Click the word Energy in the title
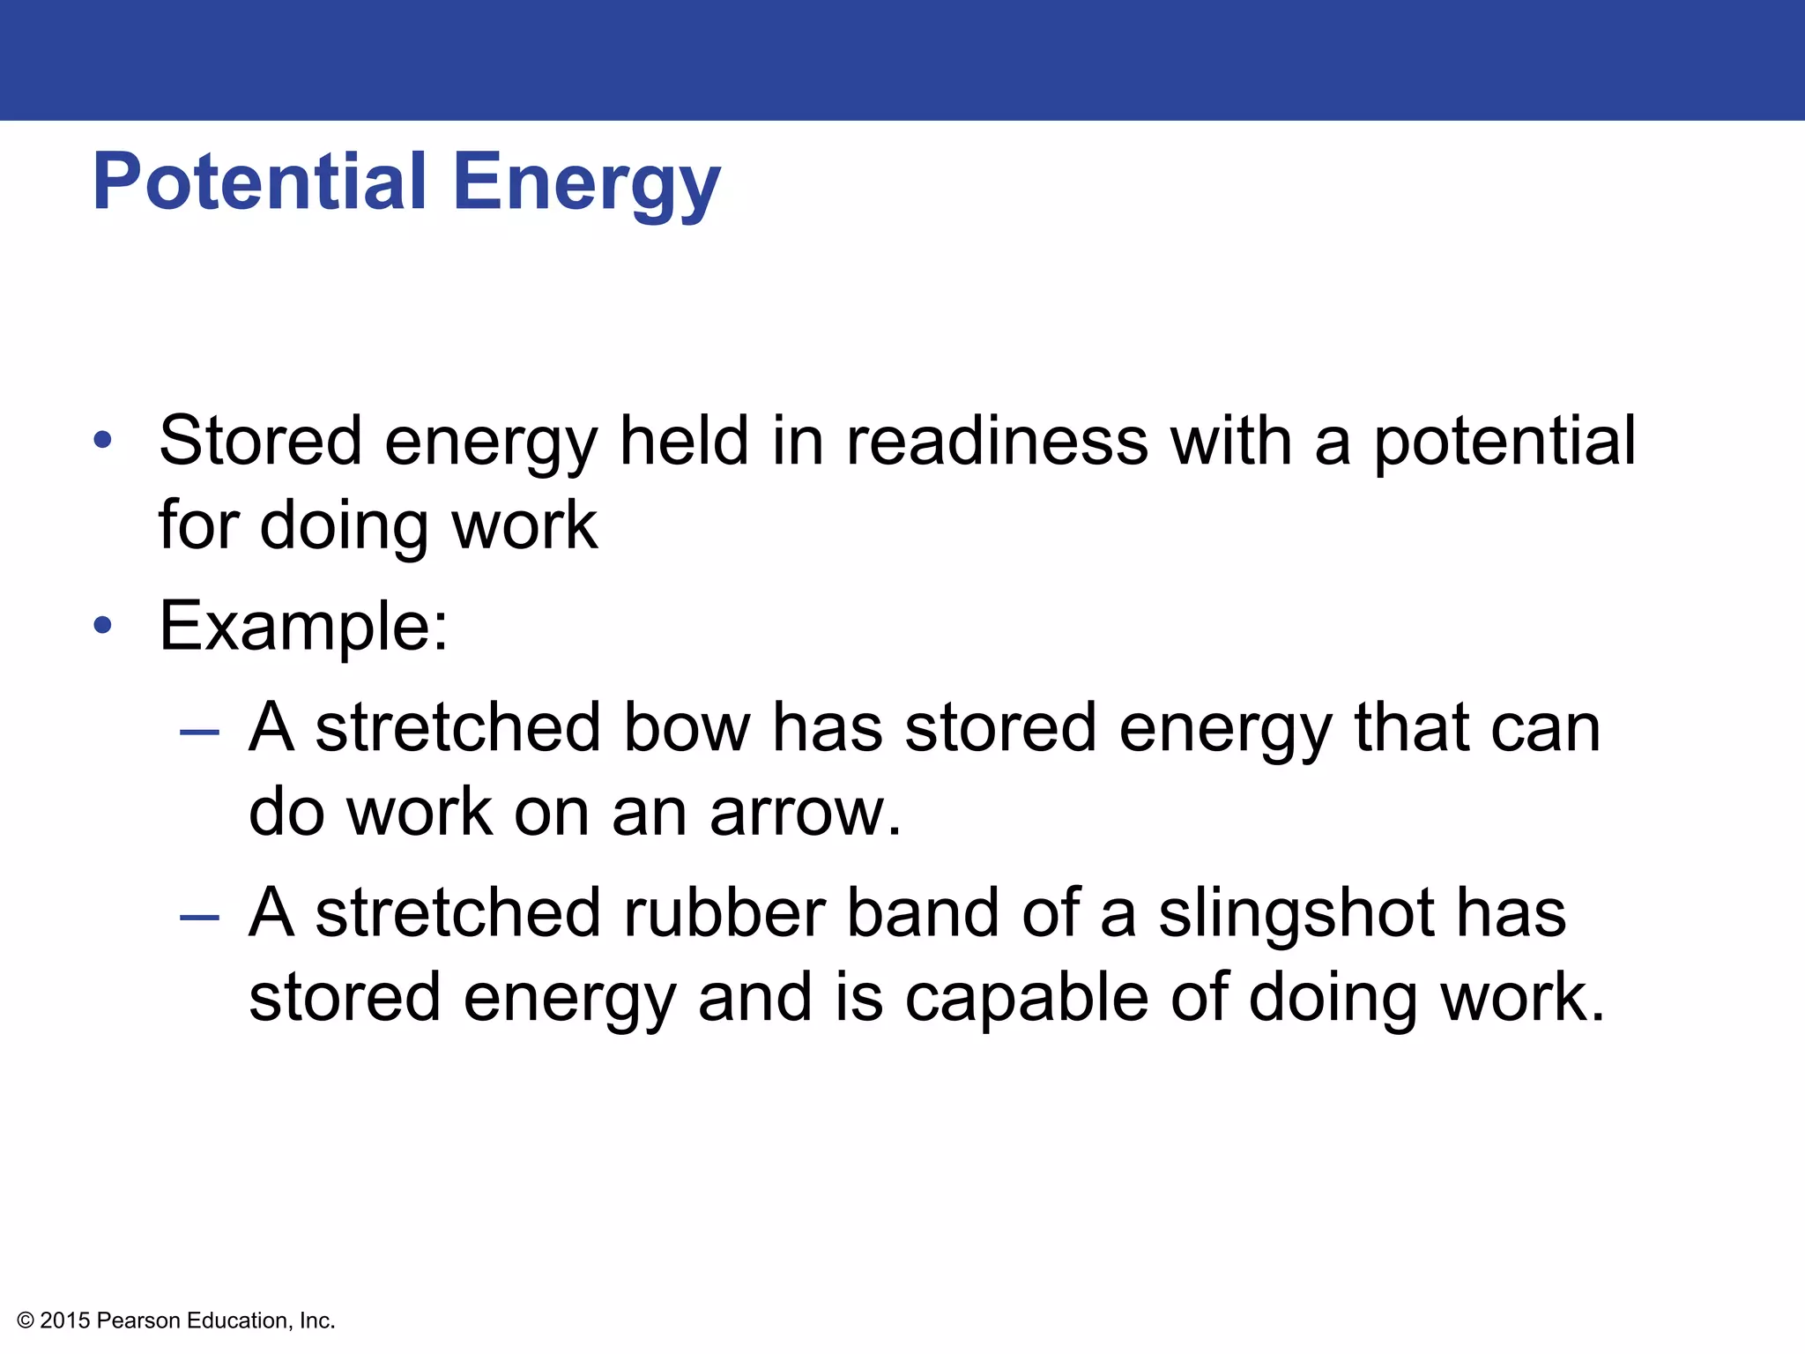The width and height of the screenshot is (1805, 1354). pos(587,182)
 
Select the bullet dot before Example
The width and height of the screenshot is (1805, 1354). pos(103,625)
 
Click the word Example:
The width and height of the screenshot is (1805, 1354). pos(304,626)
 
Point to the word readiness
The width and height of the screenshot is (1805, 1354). pos(997,441)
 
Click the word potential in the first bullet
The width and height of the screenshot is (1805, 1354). pos(1504,441)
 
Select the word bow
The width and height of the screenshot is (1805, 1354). pos(687,728)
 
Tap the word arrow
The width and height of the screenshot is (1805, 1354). pos(805,812)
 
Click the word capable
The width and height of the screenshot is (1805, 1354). pos(1027,998)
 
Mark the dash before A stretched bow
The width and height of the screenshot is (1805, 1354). pos(199,732)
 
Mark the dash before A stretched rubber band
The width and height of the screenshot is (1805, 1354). pos(199,918)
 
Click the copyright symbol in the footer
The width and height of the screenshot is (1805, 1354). pos(26,1321)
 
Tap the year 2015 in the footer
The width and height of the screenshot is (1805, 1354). pos(65,1321)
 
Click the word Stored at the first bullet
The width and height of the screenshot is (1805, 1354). pos(261,441)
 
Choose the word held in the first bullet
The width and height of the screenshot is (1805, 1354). pos(684,441)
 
